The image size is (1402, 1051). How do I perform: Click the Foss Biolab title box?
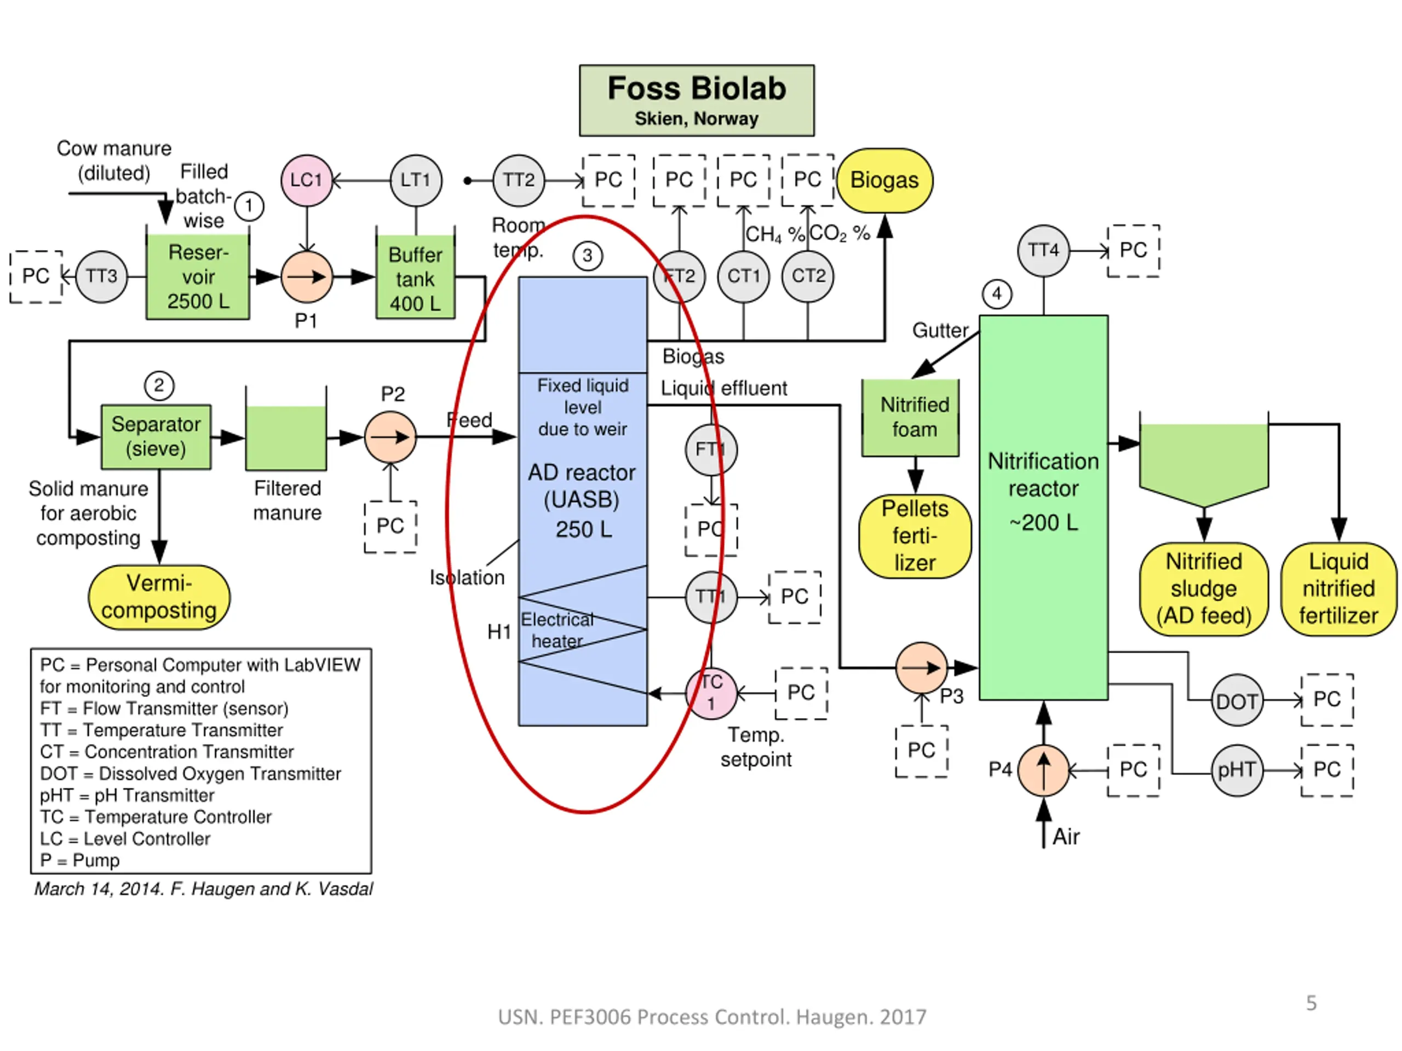(697, 100)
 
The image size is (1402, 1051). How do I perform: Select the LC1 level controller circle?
(307, 181)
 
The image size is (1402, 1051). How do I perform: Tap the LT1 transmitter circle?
(416, 181)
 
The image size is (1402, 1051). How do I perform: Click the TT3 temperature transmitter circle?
(101, 276)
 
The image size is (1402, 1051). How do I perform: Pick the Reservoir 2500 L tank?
(198, 277)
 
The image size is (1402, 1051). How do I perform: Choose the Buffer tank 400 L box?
(415, 278)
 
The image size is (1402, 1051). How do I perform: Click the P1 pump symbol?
(307, 277)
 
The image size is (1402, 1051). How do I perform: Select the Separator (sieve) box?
(156, 436)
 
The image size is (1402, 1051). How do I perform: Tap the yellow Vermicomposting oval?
(159, 597)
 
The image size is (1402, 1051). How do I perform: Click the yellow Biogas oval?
(884, 181)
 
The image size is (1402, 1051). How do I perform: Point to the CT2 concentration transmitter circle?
(807, 276)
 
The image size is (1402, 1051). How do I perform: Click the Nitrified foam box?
(910, 418)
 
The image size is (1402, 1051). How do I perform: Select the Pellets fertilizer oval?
(915, 536)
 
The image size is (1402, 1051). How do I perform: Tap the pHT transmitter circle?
(1237, 770)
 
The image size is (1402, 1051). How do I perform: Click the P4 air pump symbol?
(1043, 770)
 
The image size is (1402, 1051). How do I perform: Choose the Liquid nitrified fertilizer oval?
(1338, 588)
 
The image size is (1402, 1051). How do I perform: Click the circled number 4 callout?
(996, 294)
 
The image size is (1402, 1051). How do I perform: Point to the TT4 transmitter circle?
(1043, 250)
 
